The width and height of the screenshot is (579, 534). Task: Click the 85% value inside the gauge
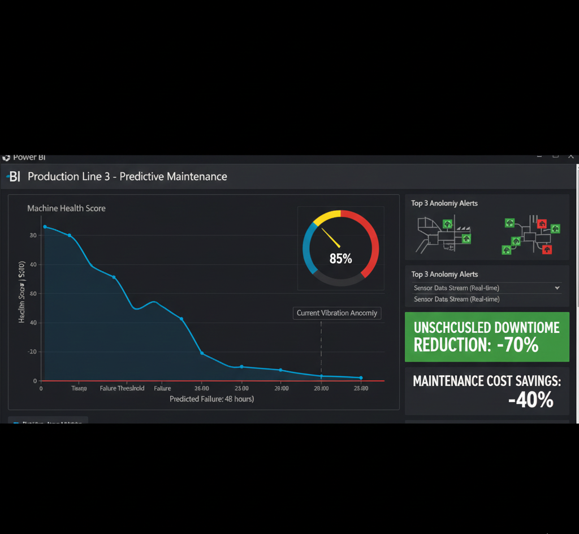click(340, 259)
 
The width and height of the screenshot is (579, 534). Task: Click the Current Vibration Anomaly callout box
click(337, 313)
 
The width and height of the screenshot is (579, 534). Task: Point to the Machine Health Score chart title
click(66, 209)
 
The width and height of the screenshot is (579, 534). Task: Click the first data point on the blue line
click(45, 227)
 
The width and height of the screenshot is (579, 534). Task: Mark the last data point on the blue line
click(361, 377)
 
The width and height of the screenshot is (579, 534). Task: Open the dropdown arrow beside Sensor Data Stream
click(557, 288)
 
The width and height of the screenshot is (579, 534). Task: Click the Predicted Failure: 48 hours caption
click(211, 399)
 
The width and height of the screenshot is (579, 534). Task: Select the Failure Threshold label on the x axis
click(122, 389)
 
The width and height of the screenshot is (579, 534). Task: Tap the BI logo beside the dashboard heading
click(14, 177)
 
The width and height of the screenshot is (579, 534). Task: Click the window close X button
click(571, 155)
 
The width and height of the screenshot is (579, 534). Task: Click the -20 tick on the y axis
click(32, 351)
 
